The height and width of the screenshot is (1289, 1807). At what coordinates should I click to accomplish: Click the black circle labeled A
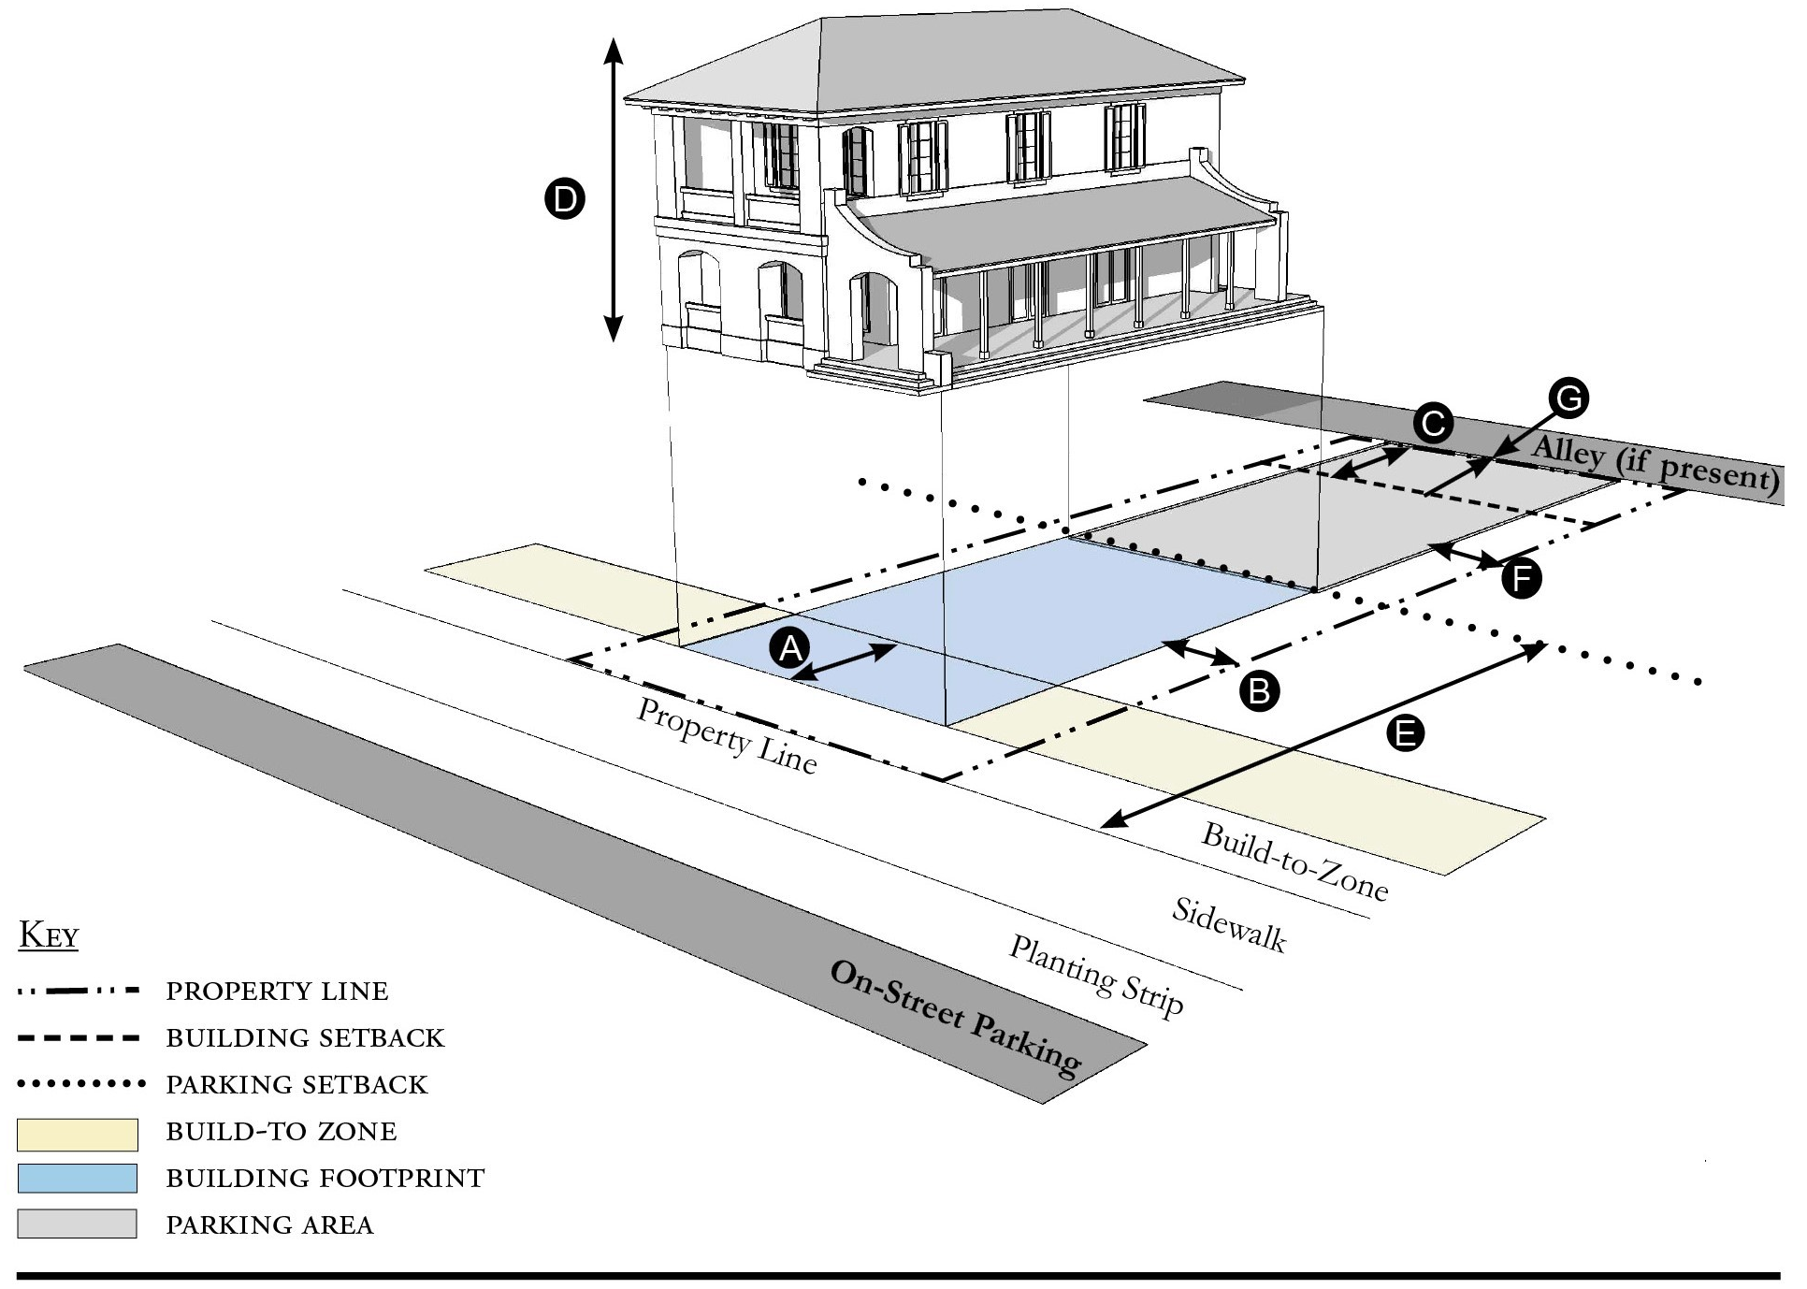coord(791,647)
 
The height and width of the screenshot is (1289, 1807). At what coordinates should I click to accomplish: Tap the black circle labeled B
coord(1259,691)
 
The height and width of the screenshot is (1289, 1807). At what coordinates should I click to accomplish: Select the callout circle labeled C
coord(1432,424)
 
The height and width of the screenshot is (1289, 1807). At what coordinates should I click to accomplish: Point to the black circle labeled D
coord(565,199)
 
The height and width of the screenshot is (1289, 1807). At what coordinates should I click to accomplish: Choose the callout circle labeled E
coord(1405,733)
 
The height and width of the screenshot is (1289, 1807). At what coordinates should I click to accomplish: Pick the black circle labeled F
coord(1521,579)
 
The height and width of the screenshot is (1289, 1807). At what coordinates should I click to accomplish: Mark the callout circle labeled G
coord(1568,398)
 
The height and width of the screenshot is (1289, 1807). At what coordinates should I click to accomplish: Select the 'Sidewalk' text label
coord(1229,925)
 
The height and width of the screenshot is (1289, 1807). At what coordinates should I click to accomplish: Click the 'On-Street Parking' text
coord(956,1017)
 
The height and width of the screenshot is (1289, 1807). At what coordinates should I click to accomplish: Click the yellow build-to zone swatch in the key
coord(78,1135)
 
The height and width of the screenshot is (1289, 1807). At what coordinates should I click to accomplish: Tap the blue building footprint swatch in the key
coord(78,1179)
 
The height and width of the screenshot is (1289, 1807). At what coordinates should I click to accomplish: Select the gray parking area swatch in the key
coord(78,1224)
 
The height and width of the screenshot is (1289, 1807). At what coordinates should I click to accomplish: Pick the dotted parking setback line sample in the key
coord(81,1085)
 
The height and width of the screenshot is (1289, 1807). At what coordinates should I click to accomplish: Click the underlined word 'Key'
coord(49,935)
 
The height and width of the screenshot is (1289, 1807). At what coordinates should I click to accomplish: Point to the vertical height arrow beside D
coord(613,190)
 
